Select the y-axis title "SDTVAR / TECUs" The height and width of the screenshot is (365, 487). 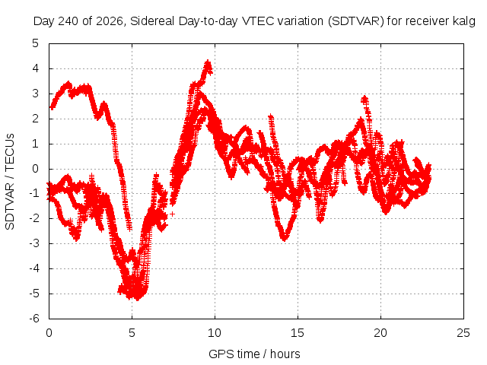(x=10, y=182)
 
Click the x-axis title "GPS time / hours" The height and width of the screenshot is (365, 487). (x=254, y=354)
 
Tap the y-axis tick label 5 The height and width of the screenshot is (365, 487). (x=36, y=43)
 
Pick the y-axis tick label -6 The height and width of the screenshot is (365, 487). (x=34, y=319)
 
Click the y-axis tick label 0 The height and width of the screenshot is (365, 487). (x=36, y=169)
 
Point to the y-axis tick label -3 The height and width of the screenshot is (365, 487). (x=34, y=243)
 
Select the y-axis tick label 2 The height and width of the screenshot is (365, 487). (x=36, y=119)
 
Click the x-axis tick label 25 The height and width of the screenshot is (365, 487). (x=463, y=333)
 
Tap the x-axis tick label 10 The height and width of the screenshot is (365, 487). (x=215, y=333)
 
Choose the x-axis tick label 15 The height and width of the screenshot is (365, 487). (x=298, y=333)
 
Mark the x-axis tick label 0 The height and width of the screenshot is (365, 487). (x=49, y=333)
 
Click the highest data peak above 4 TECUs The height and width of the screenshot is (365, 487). (x=208, y=62)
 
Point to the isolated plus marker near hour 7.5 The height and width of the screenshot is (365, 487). (x=173, y=214)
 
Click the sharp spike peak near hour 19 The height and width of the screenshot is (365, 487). (x=364, y=98)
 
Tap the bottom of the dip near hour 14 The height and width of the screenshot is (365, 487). (x=284, y=239)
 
